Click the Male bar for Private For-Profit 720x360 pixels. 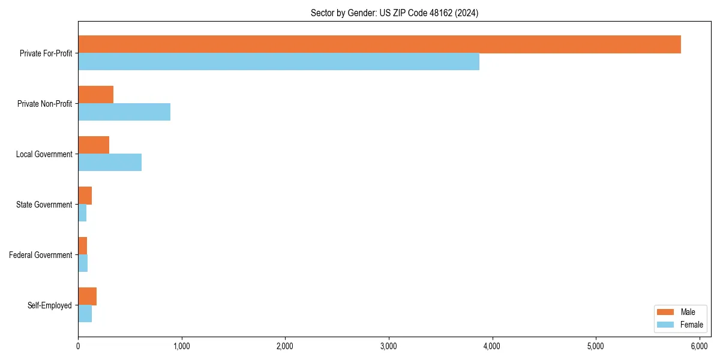point(379,44)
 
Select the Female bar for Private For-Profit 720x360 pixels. point(278,62)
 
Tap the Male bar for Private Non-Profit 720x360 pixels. point(96,95)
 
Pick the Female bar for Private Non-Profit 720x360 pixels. point(124,112)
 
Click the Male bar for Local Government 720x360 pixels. point(94,145)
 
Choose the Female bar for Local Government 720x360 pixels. point(110,163)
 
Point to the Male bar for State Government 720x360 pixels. point(85,196)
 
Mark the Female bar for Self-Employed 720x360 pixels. point(85,314)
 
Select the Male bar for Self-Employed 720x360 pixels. point(88,296)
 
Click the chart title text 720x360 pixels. point(394,13)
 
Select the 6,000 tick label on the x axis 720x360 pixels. point(700,346)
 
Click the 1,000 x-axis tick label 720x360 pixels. point(181,346)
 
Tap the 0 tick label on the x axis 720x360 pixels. point(78,346)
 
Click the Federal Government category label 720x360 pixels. point(41,255)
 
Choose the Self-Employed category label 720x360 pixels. point(50,305)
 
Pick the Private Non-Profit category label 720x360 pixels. point(44,104)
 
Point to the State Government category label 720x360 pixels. point(44,205)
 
